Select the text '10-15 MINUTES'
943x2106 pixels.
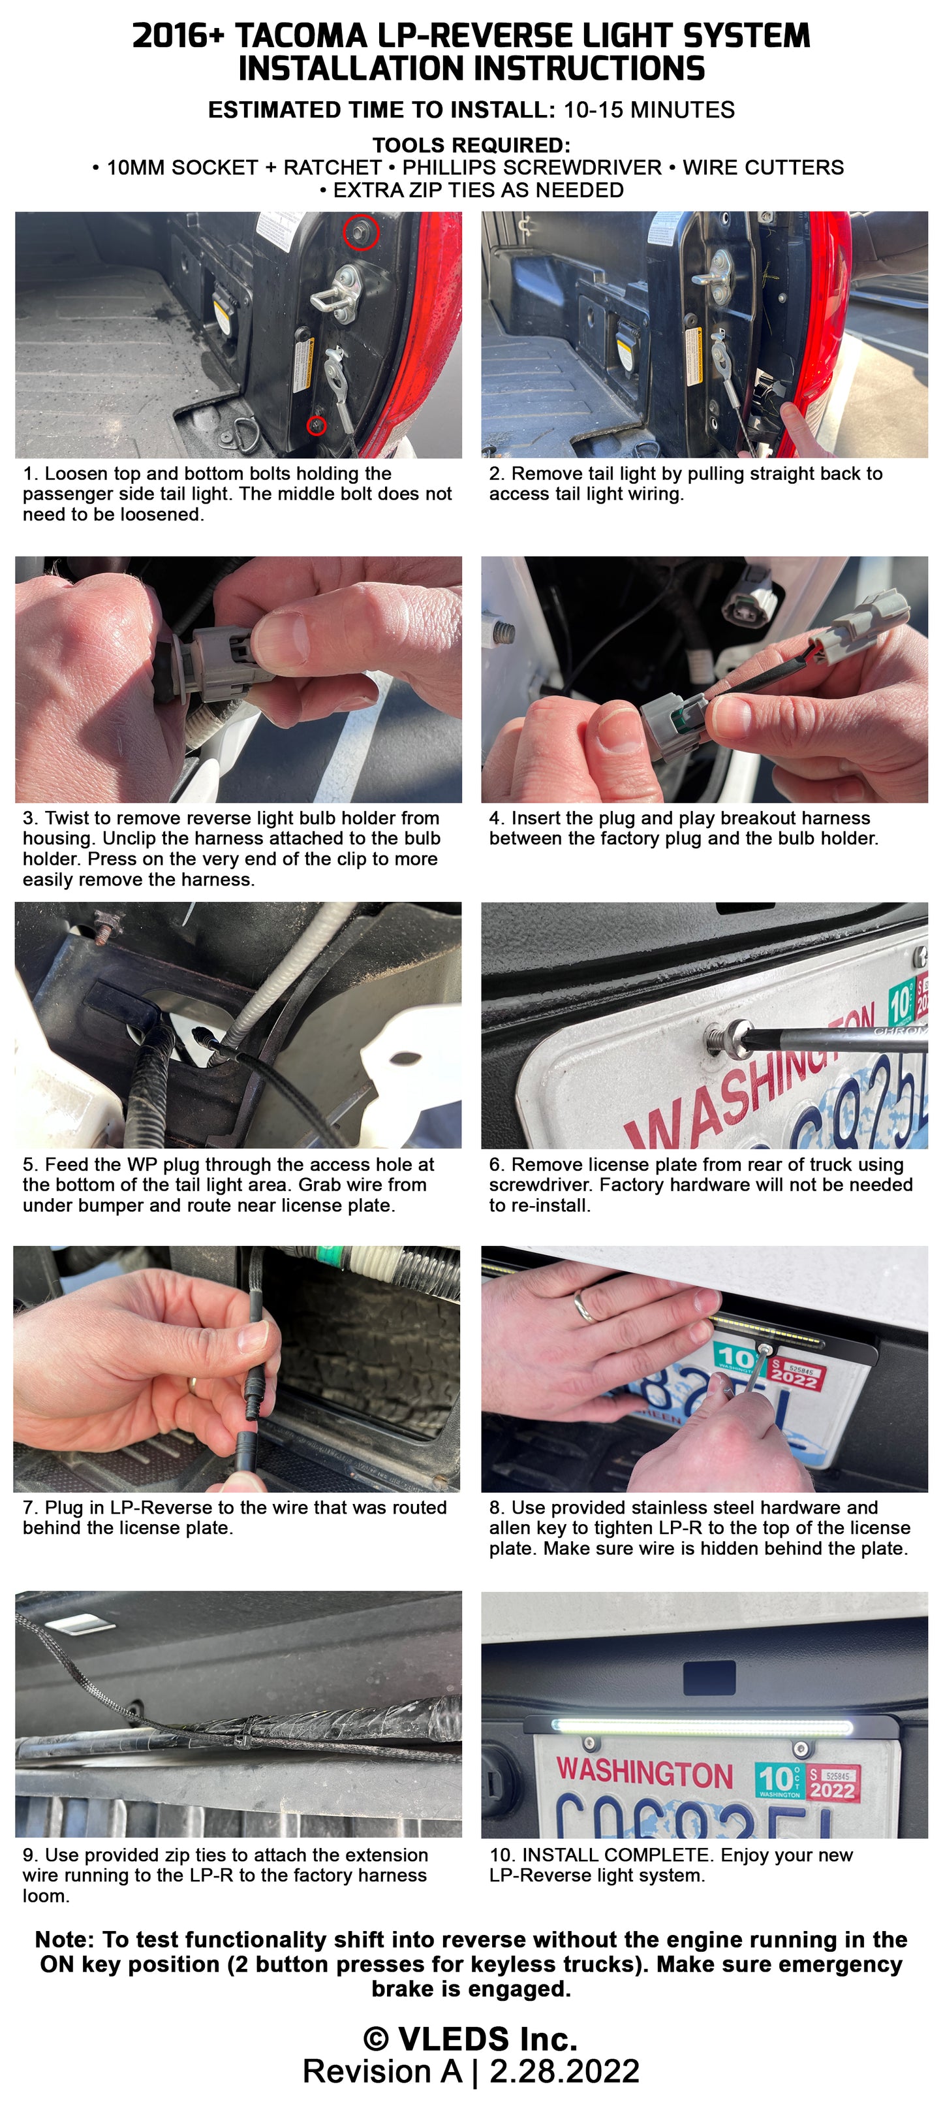point(649,110)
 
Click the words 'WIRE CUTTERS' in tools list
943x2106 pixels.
point(764,168)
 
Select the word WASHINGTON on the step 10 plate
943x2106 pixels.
point(645,1772)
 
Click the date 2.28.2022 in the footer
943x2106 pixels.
point(564,2071)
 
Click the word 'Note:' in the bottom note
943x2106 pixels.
point(65,1940)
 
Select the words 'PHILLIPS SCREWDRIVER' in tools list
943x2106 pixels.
point(532,168)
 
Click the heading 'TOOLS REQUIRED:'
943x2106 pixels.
point(471,146)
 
